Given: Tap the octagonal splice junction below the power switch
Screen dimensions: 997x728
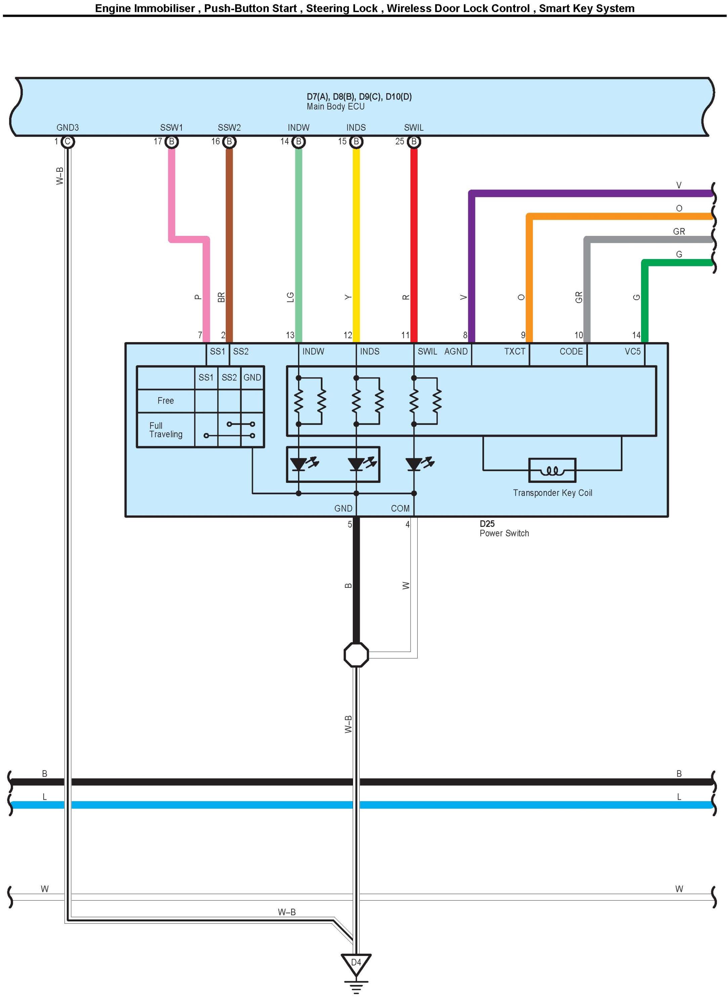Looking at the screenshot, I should (356, 655).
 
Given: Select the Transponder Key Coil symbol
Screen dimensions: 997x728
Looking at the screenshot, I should (552, 470).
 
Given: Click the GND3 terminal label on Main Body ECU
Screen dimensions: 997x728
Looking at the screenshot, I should (68, 128).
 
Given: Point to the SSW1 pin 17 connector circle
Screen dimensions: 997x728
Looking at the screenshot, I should (171, 141).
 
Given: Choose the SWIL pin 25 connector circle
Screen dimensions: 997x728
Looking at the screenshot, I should (413, 141).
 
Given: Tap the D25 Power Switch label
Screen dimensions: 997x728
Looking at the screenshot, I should (504, 529).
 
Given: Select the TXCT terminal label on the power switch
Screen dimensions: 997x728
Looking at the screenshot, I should (515, 351).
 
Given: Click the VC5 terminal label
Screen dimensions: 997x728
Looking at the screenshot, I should (632, 351).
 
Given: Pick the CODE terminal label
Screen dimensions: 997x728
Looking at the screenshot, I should (571, 351).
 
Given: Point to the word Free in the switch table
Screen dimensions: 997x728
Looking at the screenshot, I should (166, 401).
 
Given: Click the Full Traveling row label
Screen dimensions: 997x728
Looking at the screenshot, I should (166, 430).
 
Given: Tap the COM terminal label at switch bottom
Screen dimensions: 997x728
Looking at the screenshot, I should (400, 508).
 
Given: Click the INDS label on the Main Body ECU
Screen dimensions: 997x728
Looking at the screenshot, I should (356, 128).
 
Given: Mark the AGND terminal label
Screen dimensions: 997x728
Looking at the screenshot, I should (456, 351).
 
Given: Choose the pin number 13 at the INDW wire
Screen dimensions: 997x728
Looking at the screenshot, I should (290, 335).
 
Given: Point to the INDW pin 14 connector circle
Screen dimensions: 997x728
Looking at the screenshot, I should (298, 141).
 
